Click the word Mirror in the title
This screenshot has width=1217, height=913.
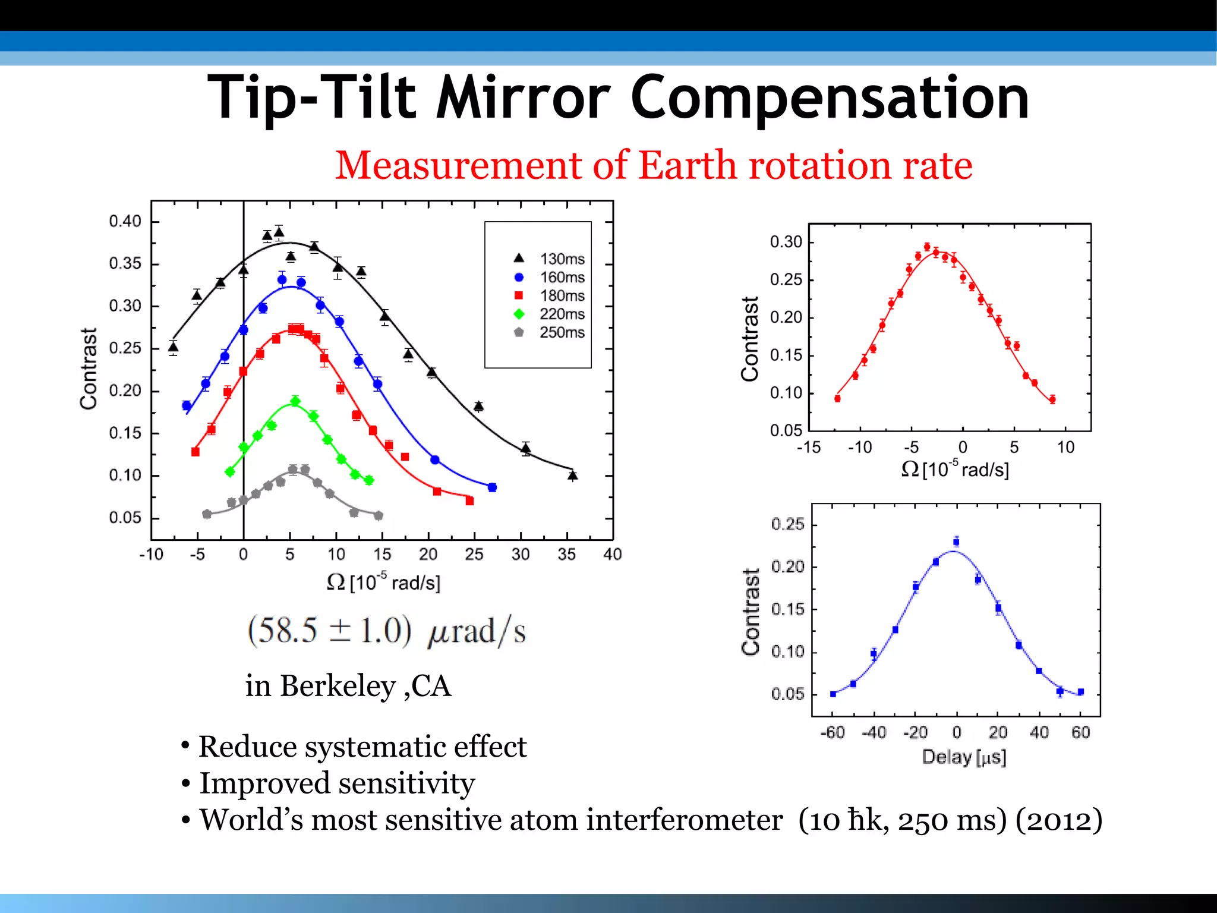(x=523, y=98)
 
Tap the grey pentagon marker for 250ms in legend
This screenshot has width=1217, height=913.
(x=519, y=332)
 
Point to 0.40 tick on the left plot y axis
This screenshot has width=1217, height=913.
(x=125, y=221)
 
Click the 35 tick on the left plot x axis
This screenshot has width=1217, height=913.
(x=566, y=555)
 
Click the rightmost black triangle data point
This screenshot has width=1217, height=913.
(x=572, y=476)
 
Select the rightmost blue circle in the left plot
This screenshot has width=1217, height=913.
(x=492, y=487)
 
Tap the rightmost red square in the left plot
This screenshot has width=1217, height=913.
(x=469, y=501)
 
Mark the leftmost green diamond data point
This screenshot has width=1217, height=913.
(x=230, y=472)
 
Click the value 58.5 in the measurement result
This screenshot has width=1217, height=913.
(x=283, y=631)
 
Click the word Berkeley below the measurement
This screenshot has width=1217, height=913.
(x=338, y=687)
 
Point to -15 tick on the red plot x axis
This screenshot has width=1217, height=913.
(x=808, y=448)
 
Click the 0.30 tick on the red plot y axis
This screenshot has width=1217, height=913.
(x=786, y=242)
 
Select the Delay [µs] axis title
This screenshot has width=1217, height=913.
(x=964, y=757)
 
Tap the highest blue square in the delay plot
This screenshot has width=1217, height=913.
(x=956, y=541)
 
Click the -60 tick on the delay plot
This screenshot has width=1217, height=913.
(x=832, y=732)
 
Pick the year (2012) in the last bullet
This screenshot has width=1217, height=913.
(x=1058, y=820)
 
